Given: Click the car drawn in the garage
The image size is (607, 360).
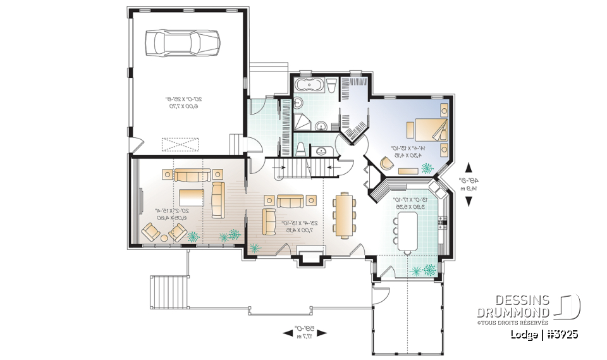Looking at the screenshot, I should [x=183, y=42].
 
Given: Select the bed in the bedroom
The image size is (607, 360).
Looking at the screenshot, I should [x=430, y=129].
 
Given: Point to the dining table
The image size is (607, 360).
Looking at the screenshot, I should [x=344, y=214].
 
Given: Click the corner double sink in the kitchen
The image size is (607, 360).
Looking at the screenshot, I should [x=436, y=188].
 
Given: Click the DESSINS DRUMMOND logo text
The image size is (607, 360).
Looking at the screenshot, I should [x=514, y=306].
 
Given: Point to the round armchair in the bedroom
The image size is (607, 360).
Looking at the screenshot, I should [x=386, y=163].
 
